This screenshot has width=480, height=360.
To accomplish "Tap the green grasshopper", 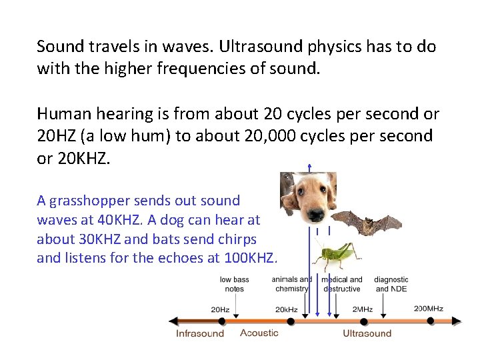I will [x=337, y=254].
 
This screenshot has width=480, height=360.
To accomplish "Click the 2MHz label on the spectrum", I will [x=362, y=309].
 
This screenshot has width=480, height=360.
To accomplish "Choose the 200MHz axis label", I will [x=428, y=309].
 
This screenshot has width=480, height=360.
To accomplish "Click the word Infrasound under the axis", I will [x=200, y=333].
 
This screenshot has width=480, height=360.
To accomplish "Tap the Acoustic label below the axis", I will [x=259, y=333].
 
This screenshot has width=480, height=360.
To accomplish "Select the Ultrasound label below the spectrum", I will [x=367, y=333].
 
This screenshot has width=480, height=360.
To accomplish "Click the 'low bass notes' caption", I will [x=235, y=284].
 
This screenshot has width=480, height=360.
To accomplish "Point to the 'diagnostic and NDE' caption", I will [x=391, y=284].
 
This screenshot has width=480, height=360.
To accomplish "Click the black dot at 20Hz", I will [x=221, y=321].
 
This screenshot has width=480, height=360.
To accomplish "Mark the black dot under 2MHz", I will [x=362, y=321].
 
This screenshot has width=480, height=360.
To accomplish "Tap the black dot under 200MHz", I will [x=431, y=321].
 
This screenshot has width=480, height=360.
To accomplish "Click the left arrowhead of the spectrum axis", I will [x=173, y=321].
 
